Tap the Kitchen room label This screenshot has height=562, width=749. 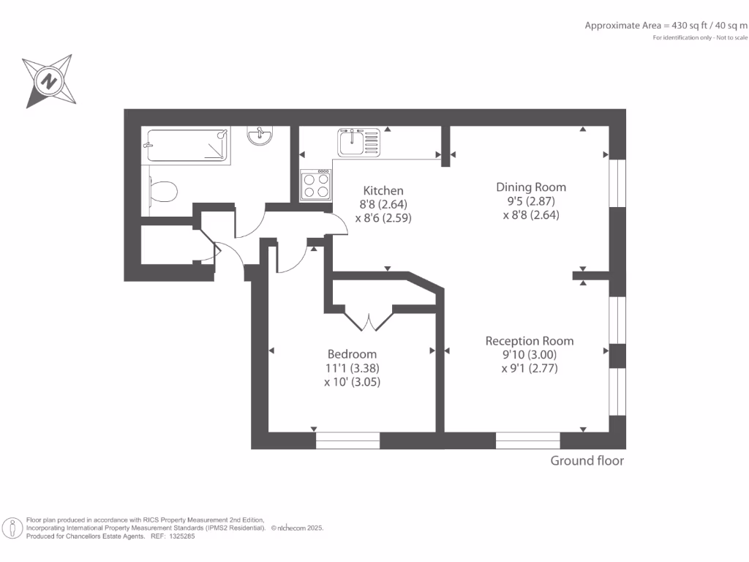click(383, 191)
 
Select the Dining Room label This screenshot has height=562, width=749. click(531, 187)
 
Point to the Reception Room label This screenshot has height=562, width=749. click(530, 341)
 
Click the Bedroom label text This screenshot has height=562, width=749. click(352, 354)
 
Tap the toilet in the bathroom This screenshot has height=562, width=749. click(163, 191)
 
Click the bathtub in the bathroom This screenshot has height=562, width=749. click(187, 146)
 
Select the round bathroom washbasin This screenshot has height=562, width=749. click(260, 135)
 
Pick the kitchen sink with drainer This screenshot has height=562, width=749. click(358, 143)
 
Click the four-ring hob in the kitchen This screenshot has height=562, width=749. click(316, 185)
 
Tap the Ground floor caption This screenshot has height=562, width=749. click(587, 461)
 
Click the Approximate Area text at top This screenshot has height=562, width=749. click(666, 26)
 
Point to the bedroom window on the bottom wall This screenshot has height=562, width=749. click(347, 441)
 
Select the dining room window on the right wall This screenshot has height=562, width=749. click(617, 183)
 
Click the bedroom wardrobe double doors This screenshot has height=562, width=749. click(369, 321)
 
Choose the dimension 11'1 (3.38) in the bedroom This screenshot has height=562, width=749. click(352, 369)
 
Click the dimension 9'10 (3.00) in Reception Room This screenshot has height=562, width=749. click(530, 355)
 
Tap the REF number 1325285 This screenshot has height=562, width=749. click(182, 536)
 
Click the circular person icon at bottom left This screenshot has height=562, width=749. click(12, 528)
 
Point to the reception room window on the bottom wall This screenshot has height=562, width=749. click(528, 441)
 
